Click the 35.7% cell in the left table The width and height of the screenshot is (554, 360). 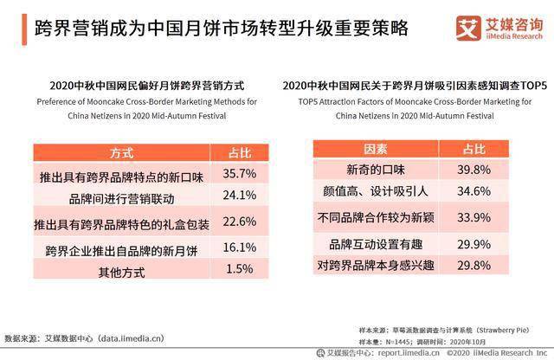[x=240, y=175]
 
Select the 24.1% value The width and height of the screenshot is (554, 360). [x=240, y=196]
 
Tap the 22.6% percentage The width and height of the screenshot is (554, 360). [x=240, y=222]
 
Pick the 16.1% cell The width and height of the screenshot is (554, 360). [x=240, y=248]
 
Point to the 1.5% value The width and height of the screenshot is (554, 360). [x=240, y=270]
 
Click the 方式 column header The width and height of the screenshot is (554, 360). [x=121, y=153]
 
